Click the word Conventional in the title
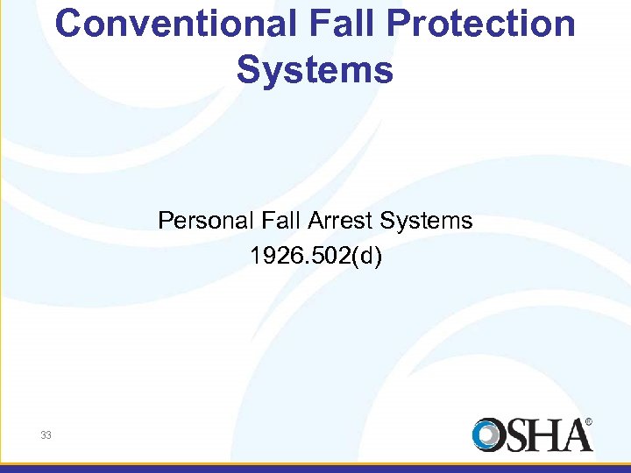pos(175,25)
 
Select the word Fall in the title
pos(338,25)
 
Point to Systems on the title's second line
pos(315,70)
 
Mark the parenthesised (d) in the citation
pos(367,257)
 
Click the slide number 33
pos(45,434)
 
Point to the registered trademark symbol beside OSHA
pos(589,421)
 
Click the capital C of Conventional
pos(69,25)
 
